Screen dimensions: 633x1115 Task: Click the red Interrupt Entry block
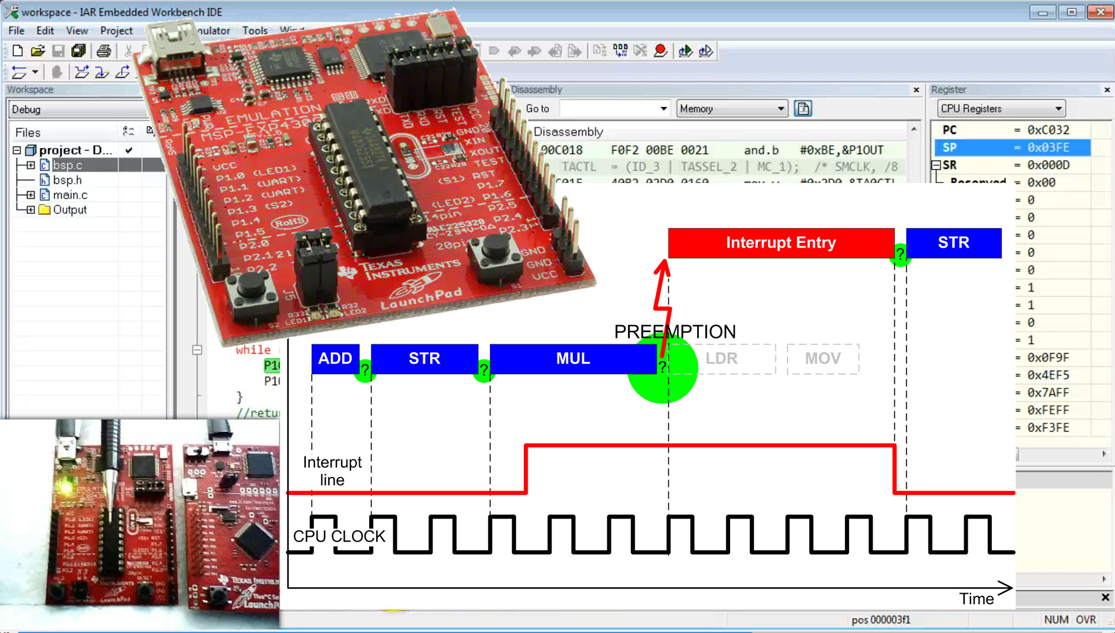[x=781, y=243]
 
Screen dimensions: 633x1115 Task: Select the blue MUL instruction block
[x=573, y=358]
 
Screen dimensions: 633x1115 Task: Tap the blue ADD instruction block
[x=334, y=358]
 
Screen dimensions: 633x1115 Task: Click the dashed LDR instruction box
[x=721, y=358]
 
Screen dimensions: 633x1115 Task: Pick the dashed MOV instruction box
[x=822, y=358]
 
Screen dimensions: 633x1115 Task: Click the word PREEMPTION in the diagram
[x=675, y=331]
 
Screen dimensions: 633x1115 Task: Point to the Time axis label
[x=976, y=599]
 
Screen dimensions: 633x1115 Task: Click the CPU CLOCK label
[x=339, y=536]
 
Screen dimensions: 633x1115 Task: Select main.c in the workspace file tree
[x=70, y=195]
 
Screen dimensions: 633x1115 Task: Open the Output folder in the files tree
[x=69, y=210]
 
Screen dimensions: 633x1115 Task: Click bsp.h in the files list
[x=67, y=180]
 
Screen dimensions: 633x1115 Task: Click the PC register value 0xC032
[x=1048, y=130]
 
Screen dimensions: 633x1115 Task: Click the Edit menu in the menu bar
[x=45, y=31]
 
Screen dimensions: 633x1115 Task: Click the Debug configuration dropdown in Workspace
[x=76, y=110]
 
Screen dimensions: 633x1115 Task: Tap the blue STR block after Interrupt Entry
[x=953, y=243]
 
